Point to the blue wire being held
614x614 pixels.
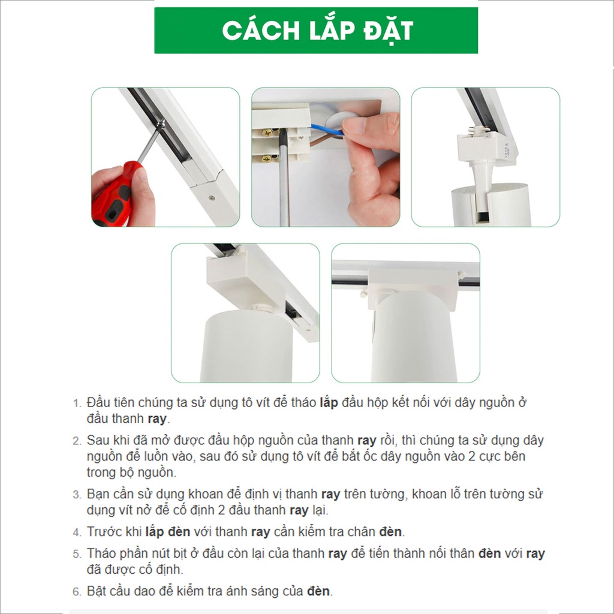coord(327,130)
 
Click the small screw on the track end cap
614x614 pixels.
coord(212,197)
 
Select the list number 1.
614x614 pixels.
coord(77,404)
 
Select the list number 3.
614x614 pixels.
coord(77,495)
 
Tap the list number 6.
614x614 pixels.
coord(77,592)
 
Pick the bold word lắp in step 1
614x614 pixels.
coord(329,403)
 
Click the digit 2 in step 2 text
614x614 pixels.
coord(472,456)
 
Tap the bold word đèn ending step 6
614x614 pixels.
coord(318,591)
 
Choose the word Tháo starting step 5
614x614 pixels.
coord(101,553)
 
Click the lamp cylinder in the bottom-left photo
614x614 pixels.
coord(246,345)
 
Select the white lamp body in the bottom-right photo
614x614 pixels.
coord(414,337)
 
